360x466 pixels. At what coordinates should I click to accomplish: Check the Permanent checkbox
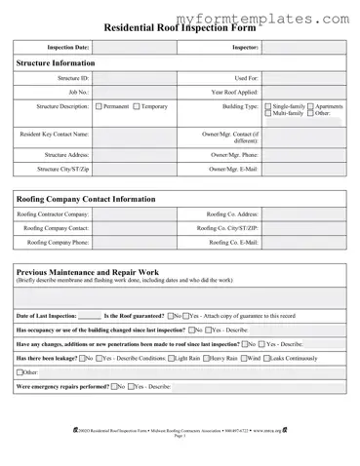[98, 105]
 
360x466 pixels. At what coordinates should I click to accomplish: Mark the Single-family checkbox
[268, 105]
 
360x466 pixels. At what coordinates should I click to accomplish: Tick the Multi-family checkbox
[268, 113]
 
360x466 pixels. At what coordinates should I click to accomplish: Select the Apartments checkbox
[310, 105]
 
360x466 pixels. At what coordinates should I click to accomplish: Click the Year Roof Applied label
[234, 91]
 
